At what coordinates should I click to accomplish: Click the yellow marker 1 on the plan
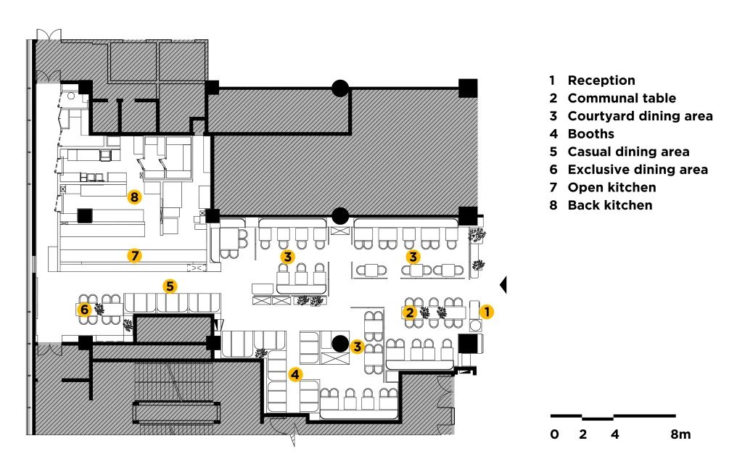[x=486, y=311]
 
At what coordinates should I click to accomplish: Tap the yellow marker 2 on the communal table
[x=410, y=313]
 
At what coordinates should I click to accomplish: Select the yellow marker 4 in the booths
[x=296, y=374]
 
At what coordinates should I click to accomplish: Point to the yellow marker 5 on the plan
[x=170, y=286]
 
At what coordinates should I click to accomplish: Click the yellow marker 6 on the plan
[x=84, y=309]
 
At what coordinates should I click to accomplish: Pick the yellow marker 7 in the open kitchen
[x=135, y=255]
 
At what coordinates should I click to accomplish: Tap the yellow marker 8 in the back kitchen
[x=134, y=197]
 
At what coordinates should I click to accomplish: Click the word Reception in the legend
[x=601, y=80]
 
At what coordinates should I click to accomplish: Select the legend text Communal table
[x=622, y=98]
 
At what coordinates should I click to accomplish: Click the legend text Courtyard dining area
[x=640, y=116]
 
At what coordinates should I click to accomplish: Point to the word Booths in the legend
[x=591, y=134]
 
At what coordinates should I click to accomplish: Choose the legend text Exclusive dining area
[x=638, y=170]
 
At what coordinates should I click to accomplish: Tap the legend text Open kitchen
[x=611, y=187]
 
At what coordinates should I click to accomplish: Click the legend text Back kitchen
[x=610, y=205]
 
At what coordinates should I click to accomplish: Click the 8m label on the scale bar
[x=680, y=434]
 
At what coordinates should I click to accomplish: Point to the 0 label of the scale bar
[x=555, y=434]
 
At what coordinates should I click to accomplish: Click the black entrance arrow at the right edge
[x=503, y=284]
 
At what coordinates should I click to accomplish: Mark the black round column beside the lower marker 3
[x=340, y=344]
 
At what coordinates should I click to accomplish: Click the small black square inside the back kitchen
[x=85, y=216]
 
